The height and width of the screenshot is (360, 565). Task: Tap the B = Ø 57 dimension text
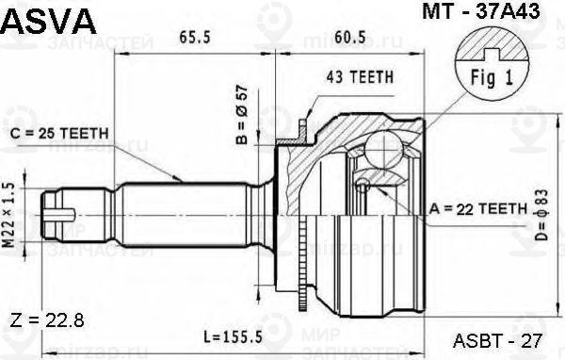pos(242,114)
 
